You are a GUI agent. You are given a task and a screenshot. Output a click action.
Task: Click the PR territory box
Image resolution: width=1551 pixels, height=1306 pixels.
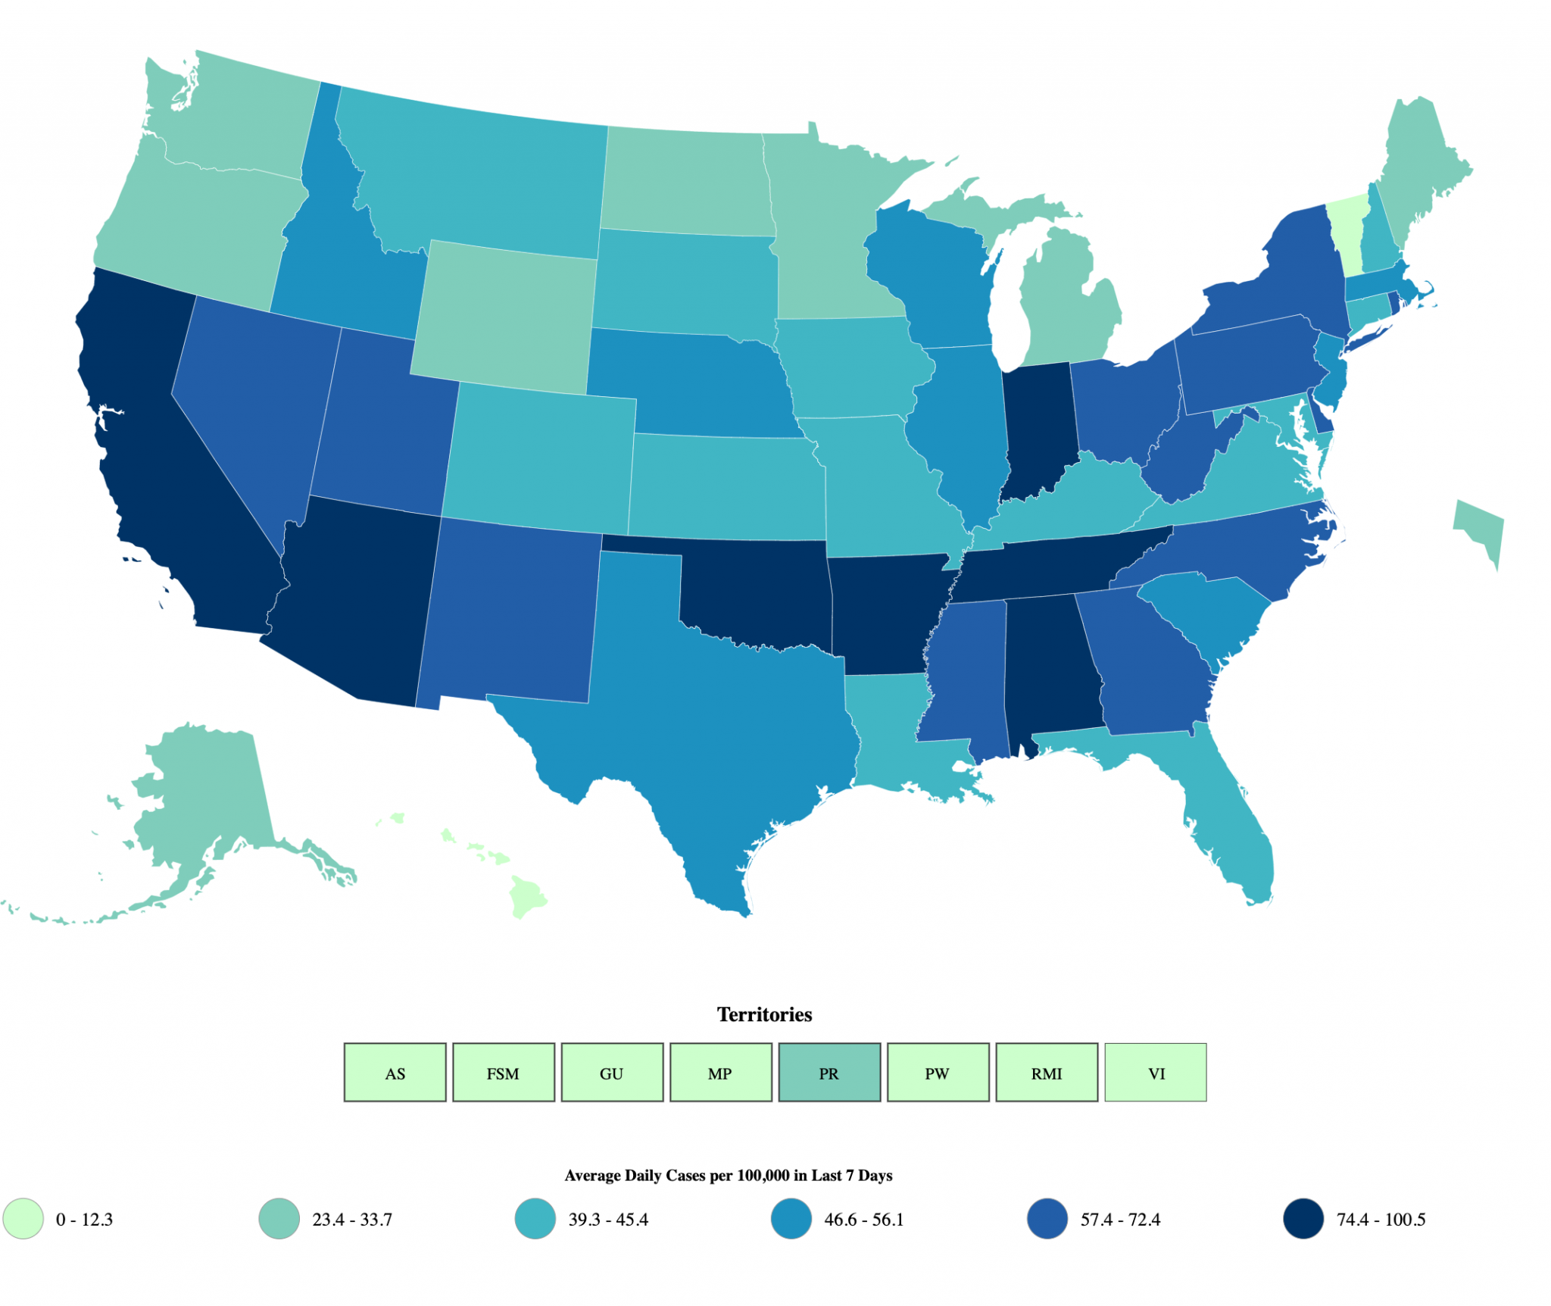point(829,1073)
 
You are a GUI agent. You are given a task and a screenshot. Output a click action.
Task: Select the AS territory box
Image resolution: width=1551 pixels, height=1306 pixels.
point(395,1073)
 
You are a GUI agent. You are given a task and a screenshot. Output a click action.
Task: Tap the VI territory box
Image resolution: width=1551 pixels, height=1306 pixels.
point(1156,1073)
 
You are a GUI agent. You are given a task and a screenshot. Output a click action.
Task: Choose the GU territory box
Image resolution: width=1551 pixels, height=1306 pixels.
point(612,1073)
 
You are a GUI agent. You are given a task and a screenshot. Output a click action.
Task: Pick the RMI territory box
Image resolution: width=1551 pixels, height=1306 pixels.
point(1047,1073)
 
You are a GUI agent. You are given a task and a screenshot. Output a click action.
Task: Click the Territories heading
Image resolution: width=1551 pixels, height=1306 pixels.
point(764,1014)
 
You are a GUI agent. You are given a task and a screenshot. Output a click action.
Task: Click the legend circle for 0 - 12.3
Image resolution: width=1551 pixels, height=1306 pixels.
point(23,1219)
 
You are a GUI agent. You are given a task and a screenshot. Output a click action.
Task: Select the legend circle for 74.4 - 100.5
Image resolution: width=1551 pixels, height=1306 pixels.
point(1303,1219)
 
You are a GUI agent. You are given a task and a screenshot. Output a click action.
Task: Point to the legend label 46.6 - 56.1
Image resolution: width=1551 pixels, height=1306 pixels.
point(863,1220)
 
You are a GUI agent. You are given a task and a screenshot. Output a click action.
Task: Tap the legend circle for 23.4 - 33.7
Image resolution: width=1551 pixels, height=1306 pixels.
point(279,1219)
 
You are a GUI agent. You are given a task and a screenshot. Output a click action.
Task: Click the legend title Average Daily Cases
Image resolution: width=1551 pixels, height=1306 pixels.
point(728,1175)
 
